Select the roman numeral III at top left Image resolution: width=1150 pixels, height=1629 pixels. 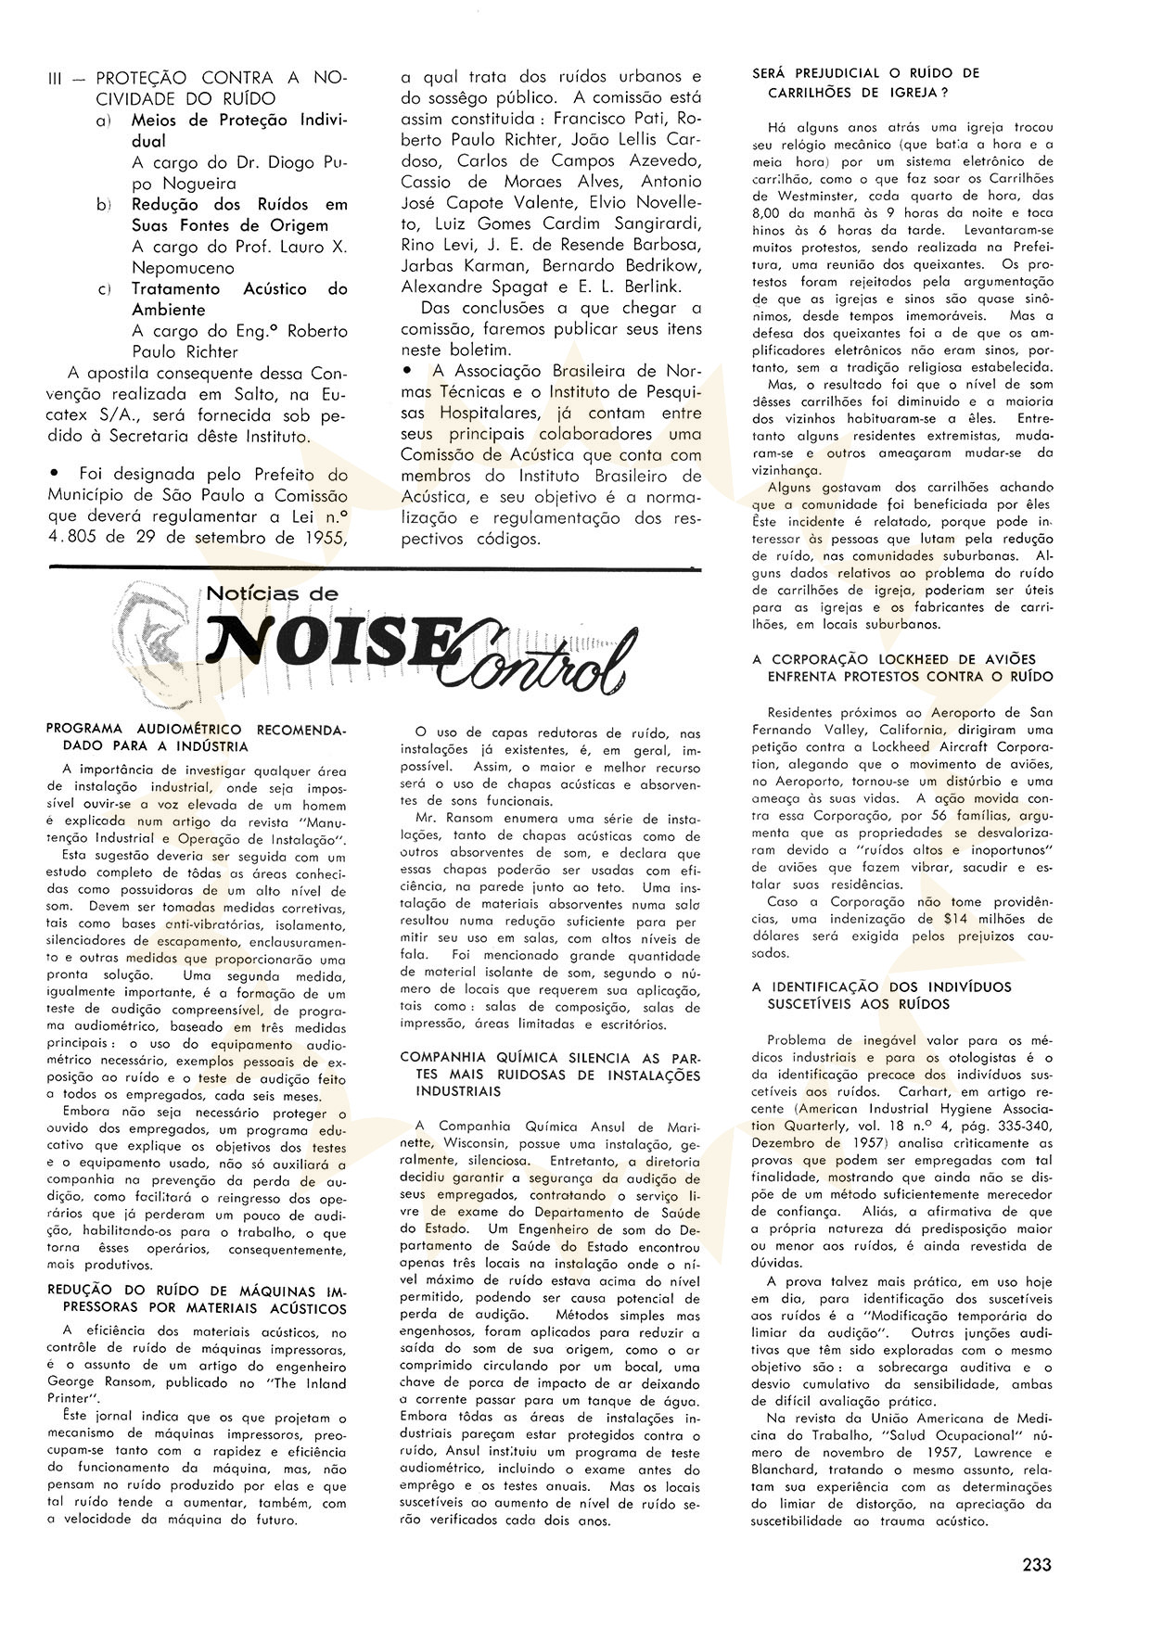[58, 79]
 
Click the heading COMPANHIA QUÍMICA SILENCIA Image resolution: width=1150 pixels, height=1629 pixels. [550, 1066]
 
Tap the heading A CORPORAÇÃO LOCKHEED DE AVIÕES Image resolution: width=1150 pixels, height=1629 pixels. [901, 668]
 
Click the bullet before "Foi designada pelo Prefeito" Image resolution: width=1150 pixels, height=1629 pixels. [58, 474]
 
